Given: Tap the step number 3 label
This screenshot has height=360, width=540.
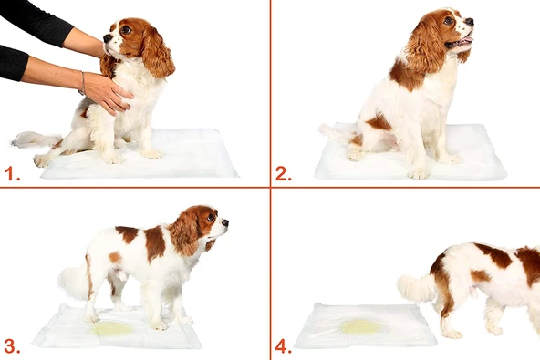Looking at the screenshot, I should pyautogui.click(x=11, y=345).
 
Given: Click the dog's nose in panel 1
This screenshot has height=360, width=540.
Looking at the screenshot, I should pyautogui.click(x=107, y=39).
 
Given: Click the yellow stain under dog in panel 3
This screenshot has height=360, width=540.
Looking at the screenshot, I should pyautogui.click(x=113, y=328).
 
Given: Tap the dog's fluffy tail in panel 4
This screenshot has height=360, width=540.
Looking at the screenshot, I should pyautogui.click(x=417, y=288).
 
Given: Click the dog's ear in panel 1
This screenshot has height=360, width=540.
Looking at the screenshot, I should pyautogui.click(x=156, y=55).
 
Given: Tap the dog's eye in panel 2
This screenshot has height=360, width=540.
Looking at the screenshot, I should pyautogui.click(x=449, y=21).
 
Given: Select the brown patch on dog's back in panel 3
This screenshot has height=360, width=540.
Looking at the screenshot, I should pyautogui.click(x=154, y=242).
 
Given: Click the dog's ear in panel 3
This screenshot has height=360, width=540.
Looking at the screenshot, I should pyautogui.click(x=185, y=235).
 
